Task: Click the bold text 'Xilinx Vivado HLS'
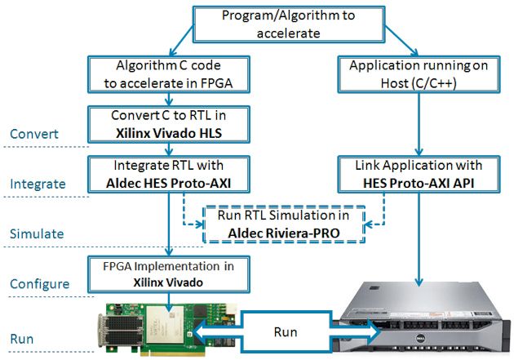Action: pos(169,133)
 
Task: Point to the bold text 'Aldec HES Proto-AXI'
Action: pos(169,184)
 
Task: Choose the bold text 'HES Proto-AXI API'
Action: pos(419,184)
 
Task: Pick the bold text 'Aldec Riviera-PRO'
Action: pos(284,233)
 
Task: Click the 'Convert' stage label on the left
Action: pos(34,134)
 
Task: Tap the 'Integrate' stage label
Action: pos(38,184)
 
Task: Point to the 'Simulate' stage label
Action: pos(37,233)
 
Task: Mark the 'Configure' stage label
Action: pos(40,284)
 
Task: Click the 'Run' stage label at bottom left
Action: pos(22,339)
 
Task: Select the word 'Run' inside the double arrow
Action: pos(286,332)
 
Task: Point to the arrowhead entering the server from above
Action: pos(419,282)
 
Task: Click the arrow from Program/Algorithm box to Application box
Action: pos(401,40)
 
